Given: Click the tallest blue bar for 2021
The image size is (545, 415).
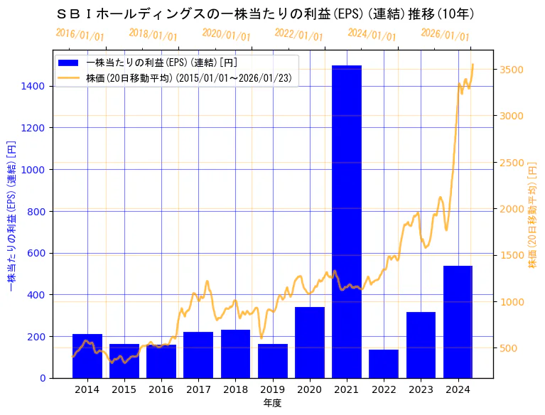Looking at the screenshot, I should (x=347, y=221).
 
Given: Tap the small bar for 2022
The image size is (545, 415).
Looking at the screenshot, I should (x=384, y=363).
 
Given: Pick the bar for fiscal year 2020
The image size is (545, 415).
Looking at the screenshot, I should (x=310, y=342).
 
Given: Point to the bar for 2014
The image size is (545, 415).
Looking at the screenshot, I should (x=87, y=355).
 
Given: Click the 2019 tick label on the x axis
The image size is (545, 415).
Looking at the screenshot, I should (x=273, y=389).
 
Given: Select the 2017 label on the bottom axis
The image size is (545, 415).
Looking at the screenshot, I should (x=198, y=389).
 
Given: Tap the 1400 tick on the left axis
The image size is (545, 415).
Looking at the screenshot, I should (x=34, y=86).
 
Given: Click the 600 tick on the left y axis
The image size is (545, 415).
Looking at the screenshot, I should (x=37, y=253).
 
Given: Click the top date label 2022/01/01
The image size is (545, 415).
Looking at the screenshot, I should (x=298, y=34).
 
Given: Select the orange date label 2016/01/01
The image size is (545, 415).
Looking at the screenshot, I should (x=80, y=34).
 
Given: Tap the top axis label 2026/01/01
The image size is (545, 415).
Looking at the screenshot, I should (x=445, y=34).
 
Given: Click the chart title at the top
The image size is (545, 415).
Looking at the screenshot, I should (x=264, y=14).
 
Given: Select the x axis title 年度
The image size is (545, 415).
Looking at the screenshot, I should (x=272, y=403).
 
